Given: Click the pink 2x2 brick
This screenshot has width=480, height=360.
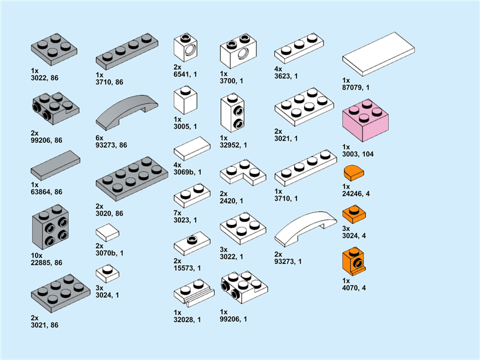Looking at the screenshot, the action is click(365, 121).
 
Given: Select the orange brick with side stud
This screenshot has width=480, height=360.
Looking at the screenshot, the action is click(354, 261).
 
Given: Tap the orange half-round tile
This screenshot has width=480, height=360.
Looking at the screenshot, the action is click(354, 173).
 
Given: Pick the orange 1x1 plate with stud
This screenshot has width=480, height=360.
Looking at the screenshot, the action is click(354, 215).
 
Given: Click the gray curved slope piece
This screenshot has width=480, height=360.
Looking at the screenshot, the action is click(127, 112).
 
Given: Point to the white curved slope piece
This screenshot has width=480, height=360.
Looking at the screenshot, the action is click(305, 229).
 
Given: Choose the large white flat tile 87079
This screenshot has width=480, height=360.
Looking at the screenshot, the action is click(379, 54).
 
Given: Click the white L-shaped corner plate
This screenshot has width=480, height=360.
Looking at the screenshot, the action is click(243, 172).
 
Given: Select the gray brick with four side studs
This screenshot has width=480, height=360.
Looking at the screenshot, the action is click(50, 227).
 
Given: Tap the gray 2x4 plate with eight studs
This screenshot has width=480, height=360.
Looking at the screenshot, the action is click(132, 179).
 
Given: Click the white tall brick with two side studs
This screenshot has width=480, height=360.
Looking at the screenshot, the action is click(232, 113).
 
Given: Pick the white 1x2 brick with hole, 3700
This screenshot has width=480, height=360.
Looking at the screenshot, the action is click(238, 51).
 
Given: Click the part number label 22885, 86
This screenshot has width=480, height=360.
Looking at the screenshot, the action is click(47, 263).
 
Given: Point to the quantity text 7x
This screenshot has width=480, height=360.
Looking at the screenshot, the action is click(178, 213).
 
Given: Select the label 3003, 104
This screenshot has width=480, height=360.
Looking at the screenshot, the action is click(358, 154).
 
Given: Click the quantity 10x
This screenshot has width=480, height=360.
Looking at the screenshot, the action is click(37, 256).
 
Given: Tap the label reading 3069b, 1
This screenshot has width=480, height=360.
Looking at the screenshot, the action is click(188, 172).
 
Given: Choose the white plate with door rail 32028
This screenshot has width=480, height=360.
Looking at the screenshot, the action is click(194, 293).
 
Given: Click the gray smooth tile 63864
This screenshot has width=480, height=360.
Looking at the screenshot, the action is click(55, 166).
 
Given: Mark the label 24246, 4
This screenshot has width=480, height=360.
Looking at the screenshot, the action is click(356, 194).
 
